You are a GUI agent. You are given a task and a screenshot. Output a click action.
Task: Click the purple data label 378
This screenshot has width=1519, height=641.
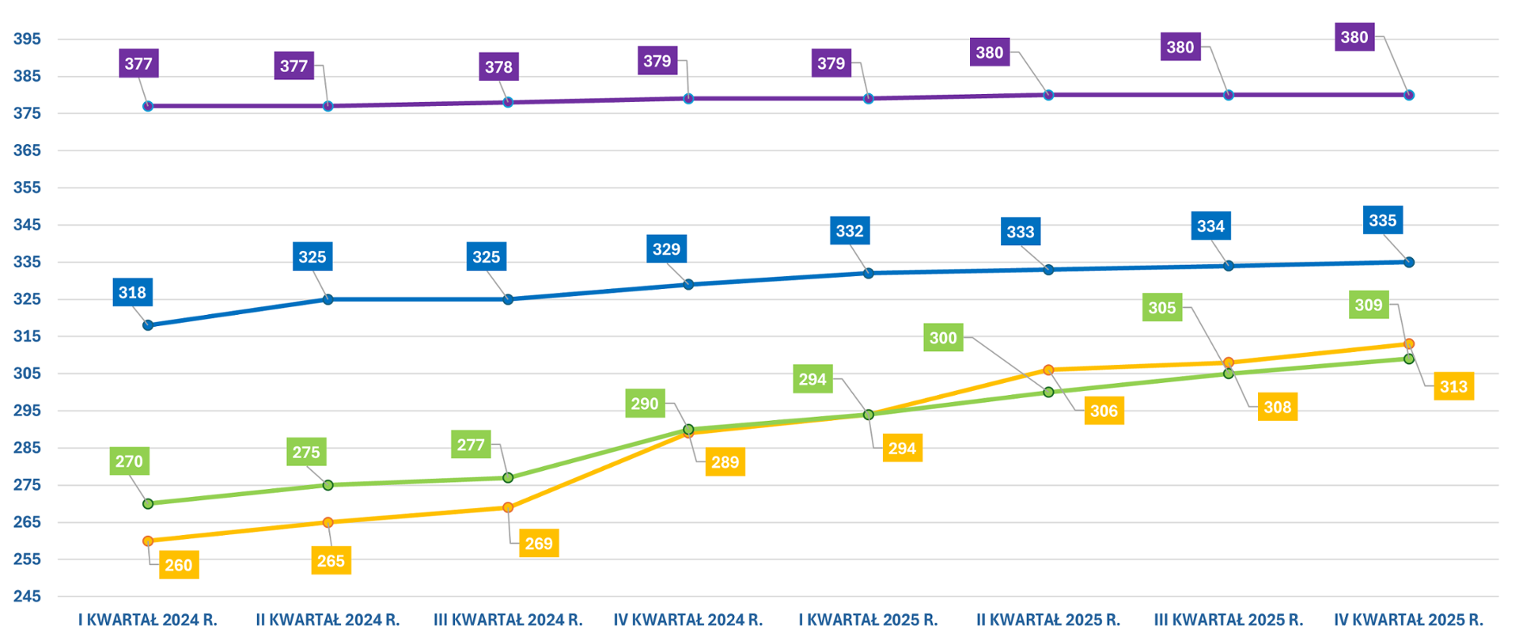(498, 67)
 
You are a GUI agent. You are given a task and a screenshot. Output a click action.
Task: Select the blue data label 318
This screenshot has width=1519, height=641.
(132, 293)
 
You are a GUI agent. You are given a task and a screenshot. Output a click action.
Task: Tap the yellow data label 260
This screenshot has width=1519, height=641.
(179, 565)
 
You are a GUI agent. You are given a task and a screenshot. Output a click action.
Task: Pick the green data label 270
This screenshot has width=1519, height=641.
(129, 461)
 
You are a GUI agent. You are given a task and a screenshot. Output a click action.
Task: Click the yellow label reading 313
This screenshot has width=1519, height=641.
(1453, 387)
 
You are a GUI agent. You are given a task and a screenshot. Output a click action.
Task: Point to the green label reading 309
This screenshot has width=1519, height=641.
(1369, 305)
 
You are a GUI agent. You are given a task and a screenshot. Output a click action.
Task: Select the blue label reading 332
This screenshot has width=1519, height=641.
(850, 231)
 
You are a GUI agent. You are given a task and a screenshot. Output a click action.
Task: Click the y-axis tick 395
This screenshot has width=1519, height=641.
(27, 39)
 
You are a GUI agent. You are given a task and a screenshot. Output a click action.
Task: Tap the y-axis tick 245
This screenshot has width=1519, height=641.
(27, 596)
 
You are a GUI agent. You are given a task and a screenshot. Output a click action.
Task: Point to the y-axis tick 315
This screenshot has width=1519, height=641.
(27, 336)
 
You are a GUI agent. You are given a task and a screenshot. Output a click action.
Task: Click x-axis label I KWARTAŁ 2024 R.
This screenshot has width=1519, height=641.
(148, 620)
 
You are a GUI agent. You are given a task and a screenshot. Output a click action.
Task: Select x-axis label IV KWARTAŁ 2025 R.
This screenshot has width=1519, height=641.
(1408, 620)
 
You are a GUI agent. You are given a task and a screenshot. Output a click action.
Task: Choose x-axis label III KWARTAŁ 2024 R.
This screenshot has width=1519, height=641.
(508, 620)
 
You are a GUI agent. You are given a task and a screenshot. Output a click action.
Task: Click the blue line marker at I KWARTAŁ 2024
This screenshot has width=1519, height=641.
(148, 325)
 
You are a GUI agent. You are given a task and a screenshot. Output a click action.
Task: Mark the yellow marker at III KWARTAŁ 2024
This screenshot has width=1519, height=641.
(508, 507)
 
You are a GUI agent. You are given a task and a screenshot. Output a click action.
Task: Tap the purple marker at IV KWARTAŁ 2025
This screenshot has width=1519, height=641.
(1408, 95)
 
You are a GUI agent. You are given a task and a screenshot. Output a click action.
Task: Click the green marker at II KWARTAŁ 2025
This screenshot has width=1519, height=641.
(1048, 392)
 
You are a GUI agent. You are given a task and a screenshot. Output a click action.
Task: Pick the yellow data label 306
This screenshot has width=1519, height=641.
(1104, 411)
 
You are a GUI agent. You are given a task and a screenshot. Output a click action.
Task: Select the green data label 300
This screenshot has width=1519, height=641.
(943, 338)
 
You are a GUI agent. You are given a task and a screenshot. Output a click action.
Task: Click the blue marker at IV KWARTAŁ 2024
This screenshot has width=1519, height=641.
(688, 284)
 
